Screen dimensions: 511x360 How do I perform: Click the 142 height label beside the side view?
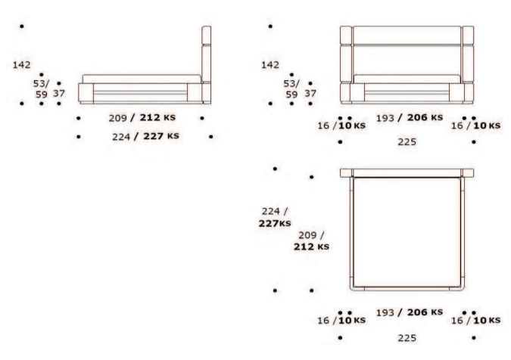21,65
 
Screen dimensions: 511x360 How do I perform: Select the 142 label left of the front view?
270,65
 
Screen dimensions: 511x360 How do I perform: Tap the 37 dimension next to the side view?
59,94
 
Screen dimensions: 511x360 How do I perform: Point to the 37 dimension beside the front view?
310,94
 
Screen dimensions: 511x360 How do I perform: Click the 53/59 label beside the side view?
41,88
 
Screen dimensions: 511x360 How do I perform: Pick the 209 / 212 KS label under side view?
142,117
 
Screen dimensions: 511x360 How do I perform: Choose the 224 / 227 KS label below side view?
145,136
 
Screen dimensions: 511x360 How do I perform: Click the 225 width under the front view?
407,141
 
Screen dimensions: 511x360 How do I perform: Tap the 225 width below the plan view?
407,338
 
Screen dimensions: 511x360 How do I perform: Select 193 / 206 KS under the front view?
410,117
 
